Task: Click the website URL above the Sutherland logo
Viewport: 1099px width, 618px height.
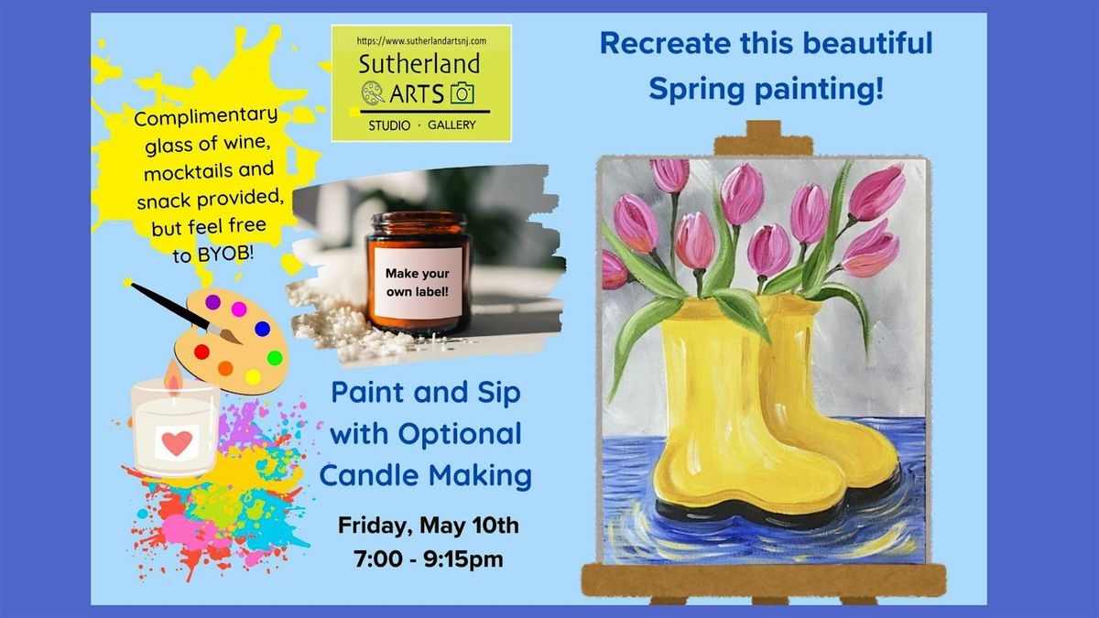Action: click(421, 41)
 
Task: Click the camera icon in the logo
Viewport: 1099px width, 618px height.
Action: click(462, 92)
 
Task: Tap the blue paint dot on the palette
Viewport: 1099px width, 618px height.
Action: click(262, 328)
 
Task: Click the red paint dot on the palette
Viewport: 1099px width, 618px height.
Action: click(202, 352)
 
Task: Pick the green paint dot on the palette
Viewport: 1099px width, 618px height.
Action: click(274, 358)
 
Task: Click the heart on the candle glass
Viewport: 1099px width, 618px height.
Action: click(178, 443)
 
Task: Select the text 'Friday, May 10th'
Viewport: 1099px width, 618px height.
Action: click(429, 526)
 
